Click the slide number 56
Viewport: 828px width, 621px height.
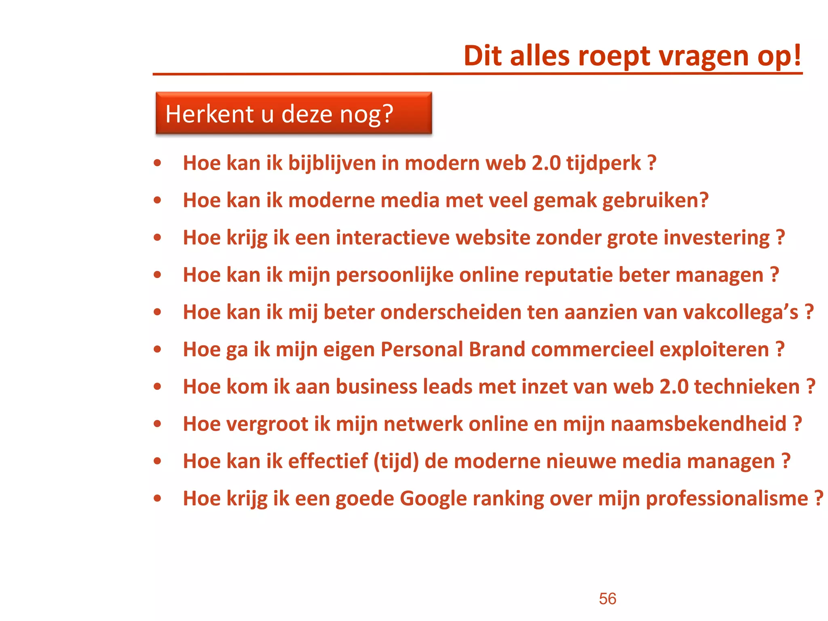[x=607, y=599]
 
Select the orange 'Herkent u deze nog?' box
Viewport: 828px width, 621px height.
[x=294, y=113]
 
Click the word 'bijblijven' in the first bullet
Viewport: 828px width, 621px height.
[x=332, y=164]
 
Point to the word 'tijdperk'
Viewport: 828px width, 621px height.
[x=603, y=164]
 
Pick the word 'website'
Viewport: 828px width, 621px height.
[x=493, y=238]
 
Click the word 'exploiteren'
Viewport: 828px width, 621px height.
[x=714, y=350]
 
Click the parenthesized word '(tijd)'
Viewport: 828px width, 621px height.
[x=396, y=462]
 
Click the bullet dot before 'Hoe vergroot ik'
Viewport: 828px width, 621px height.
[x=158, y=424]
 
